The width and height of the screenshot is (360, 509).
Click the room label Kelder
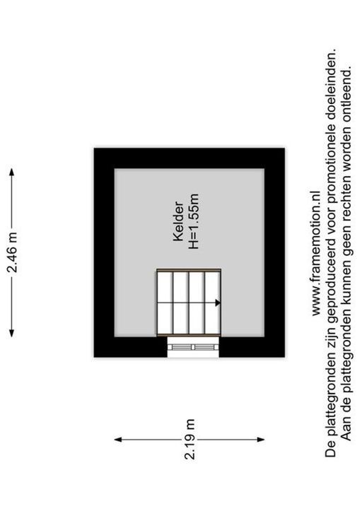[179, 222]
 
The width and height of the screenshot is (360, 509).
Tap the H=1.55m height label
[193, 222]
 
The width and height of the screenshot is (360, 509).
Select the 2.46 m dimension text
[13, 252]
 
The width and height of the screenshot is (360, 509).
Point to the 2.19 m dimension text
[190, 439]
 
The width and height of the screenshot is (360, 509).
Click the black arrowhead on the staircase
[218, 303]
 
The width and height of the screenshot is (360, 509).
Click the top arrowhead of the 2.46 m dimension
[12, 172]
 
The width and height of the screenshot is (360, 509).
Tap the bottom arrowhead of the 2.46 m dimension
[12, 333]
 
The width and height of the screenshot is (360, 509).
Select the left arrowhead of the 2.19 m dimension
[118, 440]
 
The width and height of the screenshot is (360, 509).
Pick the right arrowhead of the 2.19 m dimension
[260, 440]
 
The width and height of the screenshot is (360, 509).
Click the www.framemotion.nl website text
[316, 253]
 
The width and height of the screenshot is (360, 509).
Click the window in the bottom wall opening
[193, 347]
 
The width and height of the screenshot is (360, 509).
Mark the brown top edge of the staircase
[189, 270]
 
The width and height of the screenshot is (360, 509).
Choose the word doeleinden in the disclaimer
[331, 98]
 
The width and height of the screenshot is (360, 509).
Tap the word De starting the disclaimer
[331, 450]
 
